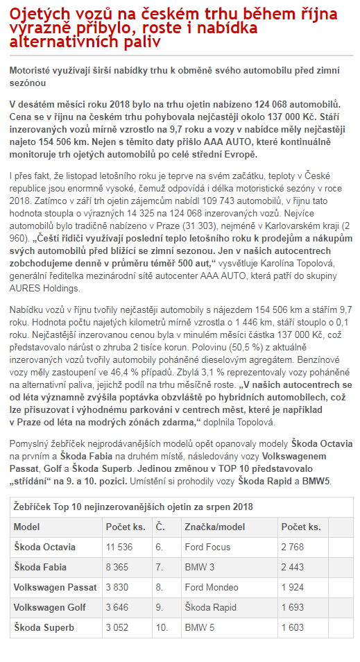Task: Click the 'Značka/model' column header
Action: [214, 527]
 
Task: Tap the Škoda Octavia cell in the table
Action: [46, 547]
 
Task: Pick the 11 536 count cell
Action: [119, 547]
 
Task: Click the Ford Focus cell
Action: [207, 547]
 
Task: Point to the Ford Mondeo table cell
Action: [212, 587]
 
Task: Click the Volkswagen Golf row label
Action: [50, 607]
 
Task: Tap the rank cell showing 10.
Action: [162, 627]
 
